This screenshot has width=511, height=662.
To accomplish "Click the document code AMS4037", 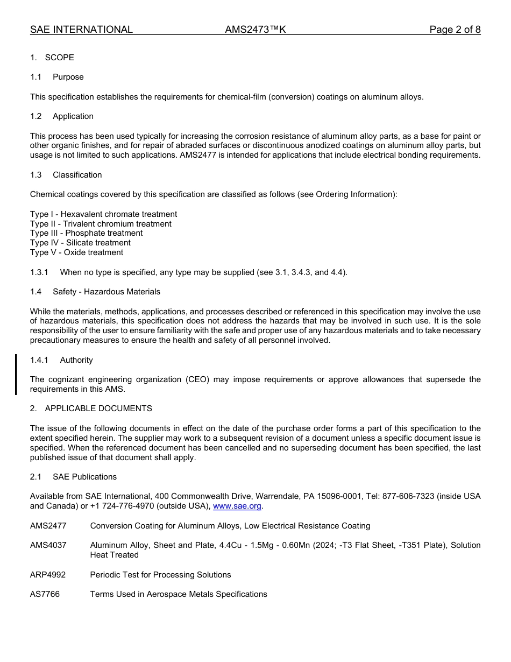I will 48,545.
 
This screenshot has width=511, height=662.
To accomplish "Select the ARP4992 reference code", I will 48,575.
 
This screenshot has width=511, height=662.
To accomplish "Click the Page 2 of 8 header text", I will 455,30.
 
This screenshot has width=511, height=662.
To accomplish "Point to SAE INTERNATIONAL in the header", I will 81,30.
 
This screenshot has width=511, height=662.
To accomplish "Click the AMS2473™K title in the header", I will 256,30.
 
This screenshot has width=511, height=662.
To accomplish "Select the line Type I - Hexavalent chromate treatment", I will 103,214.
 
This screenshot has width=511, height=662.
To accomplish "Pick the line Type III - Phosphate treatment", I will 86,233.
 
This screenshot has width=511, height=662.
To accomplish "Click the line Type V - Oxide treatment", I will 76,252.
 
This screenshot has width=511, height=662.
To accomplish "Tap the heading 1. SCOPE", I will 52,58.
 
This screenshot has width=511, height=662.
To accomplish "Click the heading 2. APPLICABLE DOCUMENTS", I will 91,409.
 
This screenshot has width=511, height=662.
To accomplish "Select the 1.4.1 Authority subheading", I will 61,360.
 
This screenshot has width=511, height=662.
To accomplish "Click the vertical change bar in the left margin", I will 16,375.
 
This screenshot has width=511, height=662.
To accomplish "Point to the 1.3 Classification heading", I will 66,175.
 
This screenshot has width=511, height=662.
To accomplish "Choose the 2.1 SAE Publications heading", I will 73,477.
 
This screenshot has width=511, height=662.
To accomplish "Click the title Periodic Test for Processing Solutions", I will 160,575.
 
